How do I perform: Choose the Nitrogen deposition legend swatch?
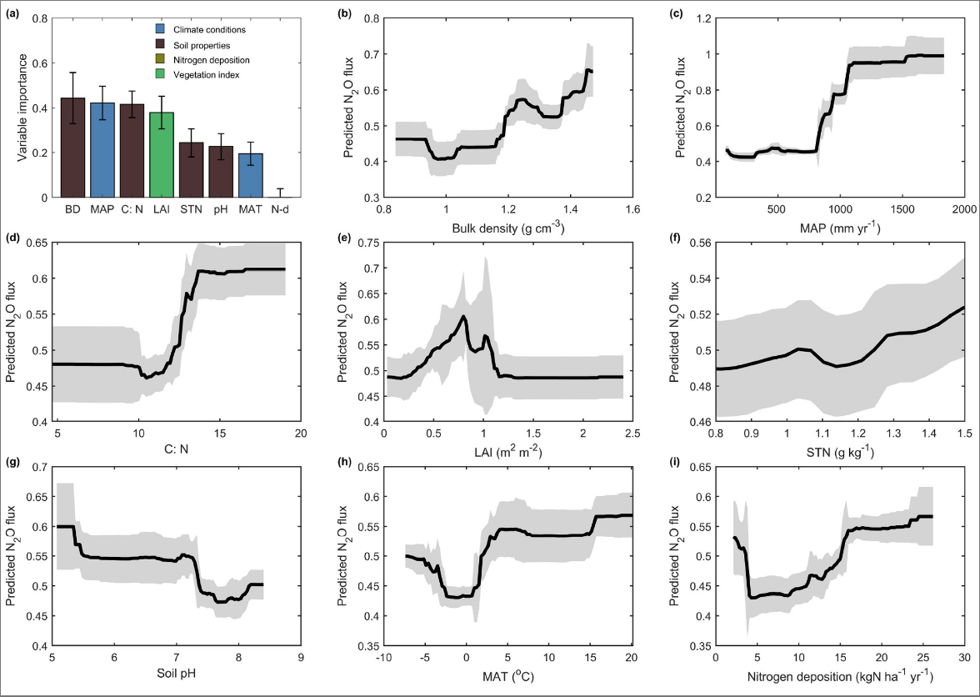click(x=151, y=61)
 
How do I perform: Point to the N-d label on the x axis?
click(x=280, y=208)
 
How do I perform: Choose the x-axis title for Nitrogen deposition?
click(x=838, y=674)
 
